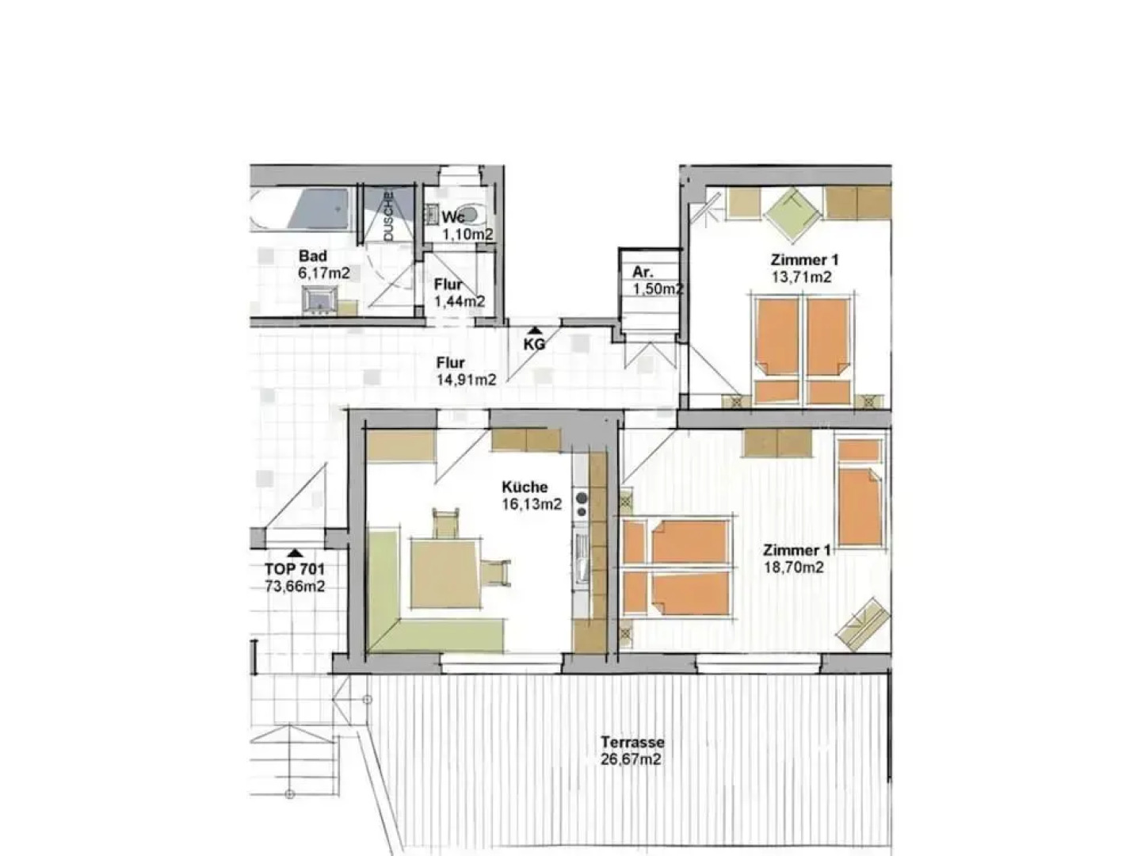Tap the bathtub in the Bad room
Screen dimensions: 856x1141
coord(301,210)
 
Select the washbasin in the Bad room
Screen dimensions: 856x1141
coord(321,300)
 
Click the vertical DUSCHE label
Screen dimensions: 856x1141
coord(388,216)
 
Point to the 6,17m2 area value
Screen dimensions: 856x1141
coord(323,273)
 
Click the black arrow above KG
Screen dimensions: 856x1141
coord(536,331)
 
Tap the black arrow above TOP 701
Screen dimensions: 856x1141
coord(295,552)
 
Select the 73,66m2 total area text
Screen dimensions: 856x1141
coord(295,587)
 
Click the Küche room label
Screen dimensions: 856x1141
coord(524,487)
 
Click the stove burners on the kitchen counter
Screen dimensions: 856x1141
coord(582,505)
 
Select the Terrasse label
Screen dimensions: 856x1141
coord(632,743)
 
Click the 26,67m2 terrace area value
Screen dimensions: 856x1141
coord(632,760)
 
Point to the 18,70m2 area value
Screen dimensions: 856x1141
coord(792,567)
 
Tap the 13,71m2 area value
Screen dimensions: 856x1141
coord(801,277)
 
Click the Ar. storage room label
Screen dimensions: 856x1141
coord(642,273)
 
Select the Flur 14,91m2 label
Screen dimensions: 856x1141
coord(465,372)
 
